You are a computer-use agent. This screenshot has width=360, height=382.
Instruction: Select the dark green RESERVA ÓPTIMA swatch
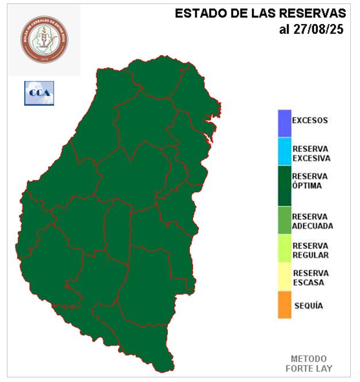pos(284,186)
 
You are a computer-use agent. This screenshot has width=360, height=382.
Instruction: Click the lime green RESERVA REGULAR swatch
pos(284,249)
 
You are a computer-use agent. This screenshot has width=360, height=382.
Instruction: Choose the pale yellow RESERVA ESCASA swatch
pos(284,277)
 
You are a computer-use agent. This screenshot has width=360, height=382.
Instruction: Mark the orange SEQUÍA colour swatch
pos(284,305)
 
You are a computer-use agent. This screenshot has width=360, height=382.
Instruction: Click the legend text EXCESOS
pos(309,121)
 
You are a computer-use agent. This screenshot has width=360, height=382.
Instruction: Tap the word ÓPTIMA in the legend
pos(307,186)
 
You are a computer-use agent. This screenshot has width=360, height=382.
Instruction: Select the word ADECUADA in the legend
pos(312,226)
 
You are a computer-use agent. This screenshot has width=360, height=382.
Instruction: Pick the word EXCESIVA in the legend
pos(311,158)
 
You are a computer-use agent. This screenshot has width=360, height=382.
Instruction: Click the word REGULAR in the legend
pos(311,255)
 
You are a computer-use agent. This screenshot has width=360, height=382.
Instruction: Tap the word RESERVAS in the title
pos(313,13)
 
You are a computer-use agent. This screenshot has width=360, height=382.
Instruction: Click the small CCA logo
pos(39,93)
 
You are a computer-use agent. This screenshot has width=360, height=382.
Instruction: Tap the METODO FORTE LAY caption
pos(308,363)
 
